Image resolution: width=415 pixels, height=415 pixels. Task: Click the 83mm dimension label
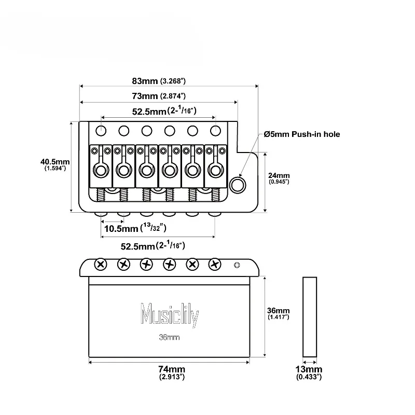[159, 81]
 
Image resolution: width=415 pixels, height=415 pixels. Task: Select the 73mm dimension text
[159, 96]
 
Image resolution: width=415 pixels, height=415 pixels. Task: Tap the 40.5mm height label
[55, 164]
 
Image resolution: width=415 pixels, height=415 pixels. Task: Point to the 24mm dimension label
[279, 178]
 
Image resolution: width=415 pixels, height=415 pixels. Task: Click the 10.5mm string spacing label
[135, 228]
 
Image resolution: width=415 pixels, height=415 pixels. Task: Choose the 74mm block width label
[172, 372]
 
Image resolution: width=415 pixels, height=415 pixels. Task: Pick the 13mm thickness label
[309, 372]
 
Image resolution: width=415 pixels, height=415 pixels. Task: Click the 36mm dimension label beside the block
[278, 313]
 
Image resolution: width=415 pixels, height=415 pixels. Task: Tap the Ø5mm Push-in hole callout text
[302, 134]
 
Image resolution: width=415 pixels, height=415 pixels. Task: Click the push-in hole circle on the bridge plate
[238, 185]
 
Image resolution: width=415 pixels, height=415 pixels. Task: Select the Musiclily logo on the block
[170, 315]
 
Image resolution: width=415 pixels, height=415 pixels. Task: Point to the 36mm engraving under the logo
[170, 337]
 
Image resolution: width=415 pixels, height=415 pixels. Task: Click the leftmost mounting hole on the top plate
[101, 131]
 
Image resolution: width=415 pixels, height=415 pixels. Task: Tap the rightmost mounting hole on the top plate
[215, 131]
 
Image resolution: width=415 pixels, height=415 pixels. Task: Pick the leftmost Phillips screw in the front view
[101, 265]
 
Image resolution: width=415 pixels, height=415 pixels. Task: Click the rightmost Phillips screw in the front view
[215, 265]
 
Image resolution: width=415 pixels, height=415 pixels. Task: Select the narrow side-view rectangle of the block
[310, 317]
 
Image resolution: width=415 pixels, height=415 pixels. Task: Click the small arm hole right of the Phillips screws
[237, 265]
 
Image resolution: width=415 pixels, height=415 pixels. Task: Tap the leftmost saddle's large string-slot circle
[101, 171]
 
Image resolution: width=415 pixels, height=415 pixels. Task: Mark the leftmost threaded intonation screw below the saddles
[101, 195]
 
